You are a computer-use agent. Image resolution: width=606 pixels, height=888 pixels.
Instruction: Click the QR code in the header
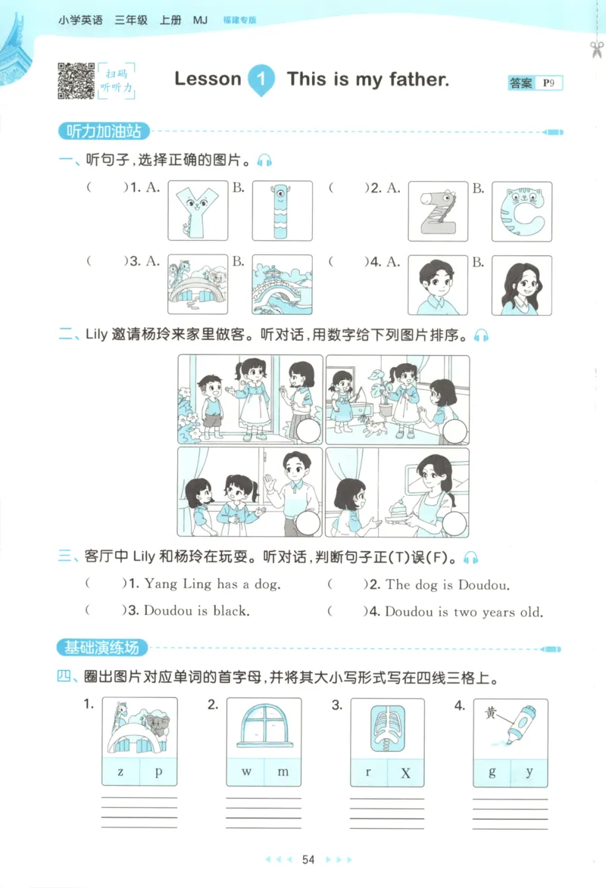pyautogui.click(x=76, y=79)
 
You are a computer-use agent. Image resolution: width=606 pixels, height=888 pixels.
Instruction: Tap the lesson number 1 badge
pyautogui.click(x=262, y=79)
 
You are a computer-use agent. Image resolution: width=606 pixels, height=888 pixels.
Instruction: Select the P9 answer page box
pyautogui.click(x=548, y=83)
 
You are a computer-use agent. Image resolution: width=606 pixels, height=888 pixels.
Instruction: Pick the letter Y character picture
pyautogui.click(x=197, y=211)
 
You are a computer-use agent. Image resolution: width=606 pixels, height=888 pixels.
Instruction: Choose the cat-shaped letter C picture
pyautogui.click(x=521, y=211)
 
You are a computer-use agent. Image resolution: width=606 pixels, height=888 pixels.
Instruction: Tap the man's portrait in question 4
pyautogui.click(x=438, y=285)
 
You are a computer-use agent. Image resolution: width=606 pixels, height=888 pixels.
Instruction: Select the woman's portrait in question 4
pyautogui.click(x=521, y=285)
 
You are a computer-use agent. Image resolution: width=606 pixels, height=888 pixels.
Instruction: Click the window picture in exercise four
pyautogui.click(x=264, y=727)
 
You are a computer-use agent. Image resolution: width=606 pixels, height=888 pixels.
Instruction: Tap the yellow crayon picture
pyautogui.click(x=511, y=727)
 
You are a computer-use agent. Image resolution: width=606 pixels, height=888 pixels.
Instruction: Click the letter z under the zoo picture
pyautogui.click(x=120, y=771)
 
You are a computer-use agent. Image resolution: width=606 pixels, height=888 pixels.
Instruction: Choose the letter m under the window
pyautogui.click(x=283, y=771)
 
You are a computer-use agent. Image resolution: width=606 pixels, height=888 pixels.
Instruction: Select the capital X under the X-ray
pyautogui.click(x=405, y=773)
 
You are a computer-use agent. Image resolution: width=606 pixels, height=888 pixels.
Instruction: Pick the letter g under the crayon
pyautogui.click(x=492, y=771)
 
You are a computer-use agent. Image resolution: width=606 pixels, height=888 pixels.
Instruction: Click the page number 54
pyautogui.click(x=308, y=859)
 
